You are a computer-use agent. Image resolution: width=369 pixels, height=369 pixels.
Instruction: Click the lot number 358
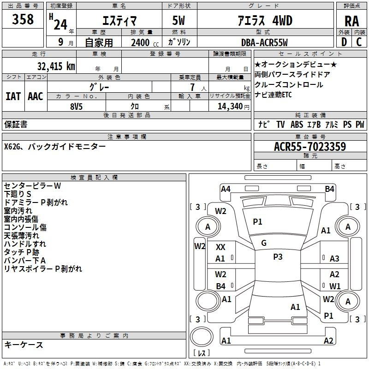[23, 19]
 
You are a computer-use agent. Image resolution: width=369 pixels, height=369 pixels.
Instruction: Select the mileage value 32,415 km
[56, 66]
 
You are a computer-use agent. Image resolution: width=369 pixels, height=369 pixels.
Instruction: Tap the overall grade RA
[351, 21]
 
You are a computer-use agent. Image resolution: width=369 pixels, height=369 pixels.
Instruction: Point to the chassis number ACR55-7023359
[310, 146]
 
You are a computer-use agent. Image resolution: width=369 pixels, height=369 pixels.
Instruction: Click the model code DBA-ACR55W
[264, 42]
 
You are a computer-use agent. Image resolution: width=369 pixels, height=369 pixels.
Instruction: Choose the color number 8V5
[77, 107]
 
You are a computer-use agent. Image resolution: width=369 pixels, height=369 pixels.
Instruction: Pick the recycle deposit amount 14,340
[230, 106]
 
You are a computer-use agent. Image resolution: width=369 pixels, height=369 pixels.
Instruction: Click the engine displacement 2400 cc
[145, 42]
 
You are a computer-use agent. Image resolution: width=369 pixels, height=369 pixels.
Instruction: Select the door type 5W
[179, 20]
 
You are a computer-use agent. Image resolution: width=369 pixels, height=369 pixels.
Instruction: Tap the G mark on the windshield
[264, 243]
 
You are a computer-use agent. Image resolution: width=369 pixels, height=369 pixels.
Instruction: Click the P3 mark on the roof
[278, 257]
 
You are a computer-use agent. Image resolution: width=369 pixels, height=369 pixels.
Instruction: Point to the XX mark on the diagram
[220, 247]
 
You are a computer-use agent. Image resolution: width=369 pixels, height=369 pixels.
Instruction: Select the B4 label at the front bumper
[329, 189]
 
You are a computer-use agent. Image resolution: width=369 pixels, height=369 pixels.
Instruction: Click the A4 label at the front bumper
[226, 189]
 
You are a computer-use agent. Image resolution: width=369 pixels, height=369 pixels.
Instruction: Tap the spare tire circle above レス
[202, 337]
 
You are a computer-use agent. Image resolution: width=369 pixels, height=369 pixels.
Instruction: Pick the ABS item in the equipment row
[297, 124]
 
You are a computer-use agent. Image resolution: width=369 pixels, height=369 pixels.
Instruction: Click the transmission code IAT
[13, 96]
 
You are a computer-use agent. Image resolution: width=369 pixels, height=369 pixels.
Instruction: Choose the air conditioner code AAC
[36, 96]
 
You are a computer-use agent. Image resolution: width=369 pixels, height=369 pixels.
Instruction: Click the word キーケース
[24, 345]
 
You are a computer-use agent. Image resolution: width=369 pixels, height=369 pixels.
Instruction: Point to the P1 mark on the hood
[257, 222]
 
